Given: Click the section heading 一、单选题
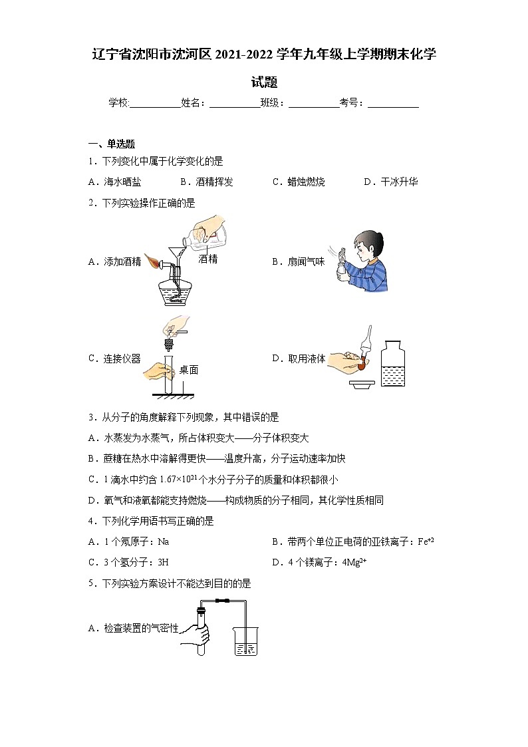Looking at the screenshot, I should point(112,144).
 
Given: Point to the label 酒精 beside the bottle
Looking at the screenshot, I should point(208,259).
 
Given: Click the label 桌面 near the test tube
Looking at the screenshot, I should point(188,370).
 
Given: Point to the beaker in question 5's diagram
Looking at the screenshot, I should point(245,641).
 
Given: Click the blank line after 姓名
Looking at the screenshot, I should point(234,103).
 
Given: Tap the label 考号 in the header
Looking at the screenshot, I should point(350,102).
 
